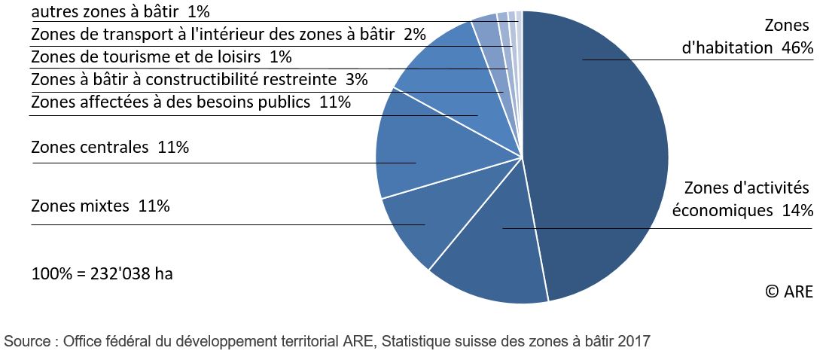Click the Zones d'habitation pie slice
(x=602, y=151)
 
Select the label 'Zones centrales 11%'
(x=110, y=148)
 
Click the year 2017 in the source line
(x=634, y=341)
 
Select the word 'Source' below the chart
(x=26, y=341)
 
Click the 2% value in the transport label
(x=415, y=34)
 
